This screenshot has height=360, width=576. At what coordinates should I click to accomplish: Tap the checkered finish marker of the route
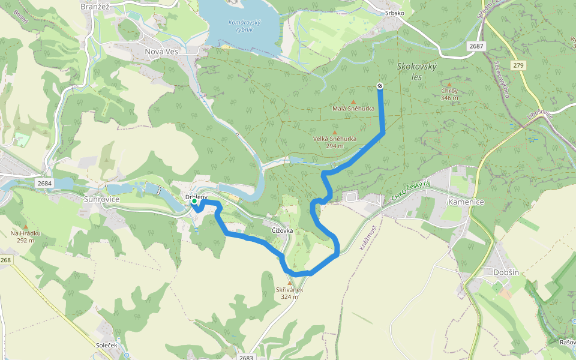[380, 86]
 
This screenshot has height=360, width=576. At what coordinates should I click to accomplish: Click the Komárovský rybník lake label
[245, 26]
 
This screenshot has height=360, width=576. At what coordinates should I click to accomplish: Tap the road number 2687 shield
[476, 46]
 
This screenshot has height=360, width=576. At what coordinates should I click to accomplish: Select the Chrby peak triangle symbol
[449, 85]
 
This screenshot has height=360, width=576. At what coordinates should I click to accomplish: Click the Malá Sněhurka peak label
[353, 109]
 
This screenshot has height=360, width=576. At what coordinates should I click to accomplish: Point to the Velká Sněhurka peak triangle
[335, 132]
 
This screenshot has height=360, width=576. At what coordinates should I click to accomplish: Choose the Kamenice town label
[466, 202]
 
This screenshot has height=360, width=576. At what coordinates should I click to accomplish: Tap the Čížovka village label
[282, 230]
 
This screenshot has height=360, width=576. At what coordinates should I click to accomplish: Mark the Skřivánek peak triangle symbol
[290, 283]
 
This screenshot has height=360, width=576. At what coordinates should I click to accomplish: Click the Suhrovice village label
[102, 199]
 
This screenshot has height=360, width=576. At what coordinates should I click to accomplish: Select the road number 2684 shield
[44, 182]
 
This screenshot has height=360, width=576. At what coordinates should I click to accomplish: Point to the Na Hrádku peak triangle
[25, 227]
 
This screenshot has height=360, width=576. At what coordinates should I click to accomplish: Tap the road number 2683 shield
[246, 357]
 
